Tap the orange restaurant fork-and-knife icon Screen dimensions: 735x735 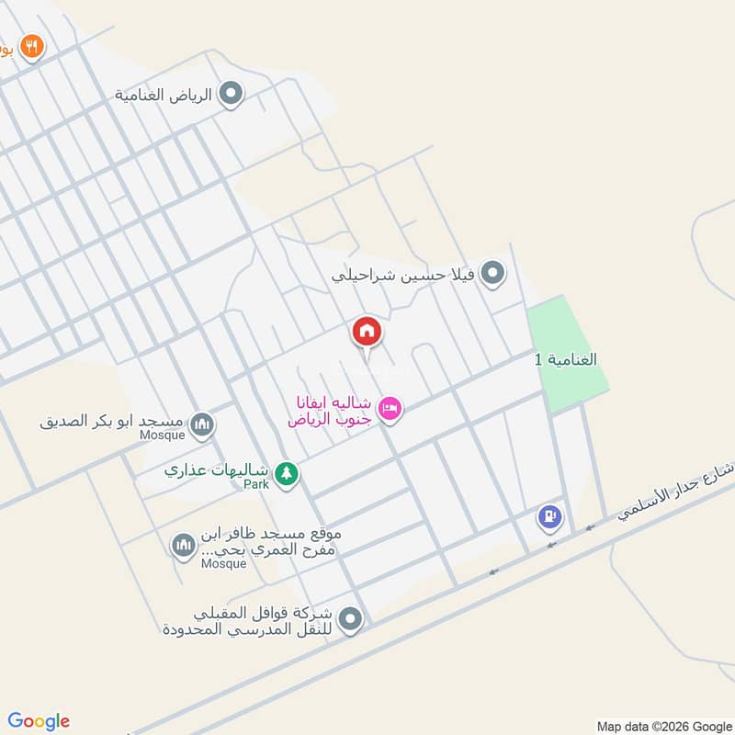click(x=32, y=47)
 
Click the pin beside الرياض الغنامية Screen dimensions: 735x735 click(x=232, y=94)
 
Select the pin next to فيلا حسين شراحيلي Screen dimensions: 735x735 click(x=493, y=273)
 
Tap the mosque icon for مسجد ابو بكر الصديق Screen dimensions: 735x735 click(x=203, y=424)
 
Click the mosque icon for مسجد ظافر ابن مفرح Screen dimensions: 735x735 click(x=183, y=547)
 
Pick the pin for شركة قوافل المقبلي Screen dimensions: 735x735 click(x=349, y=621)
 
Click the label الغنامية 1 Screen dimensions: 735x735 click(x=566, y=358)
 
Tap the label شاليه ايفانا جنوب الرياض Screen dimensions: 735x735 click(x=330, y=411)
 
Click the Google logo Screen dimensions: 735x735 click(x=39, y=721)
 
